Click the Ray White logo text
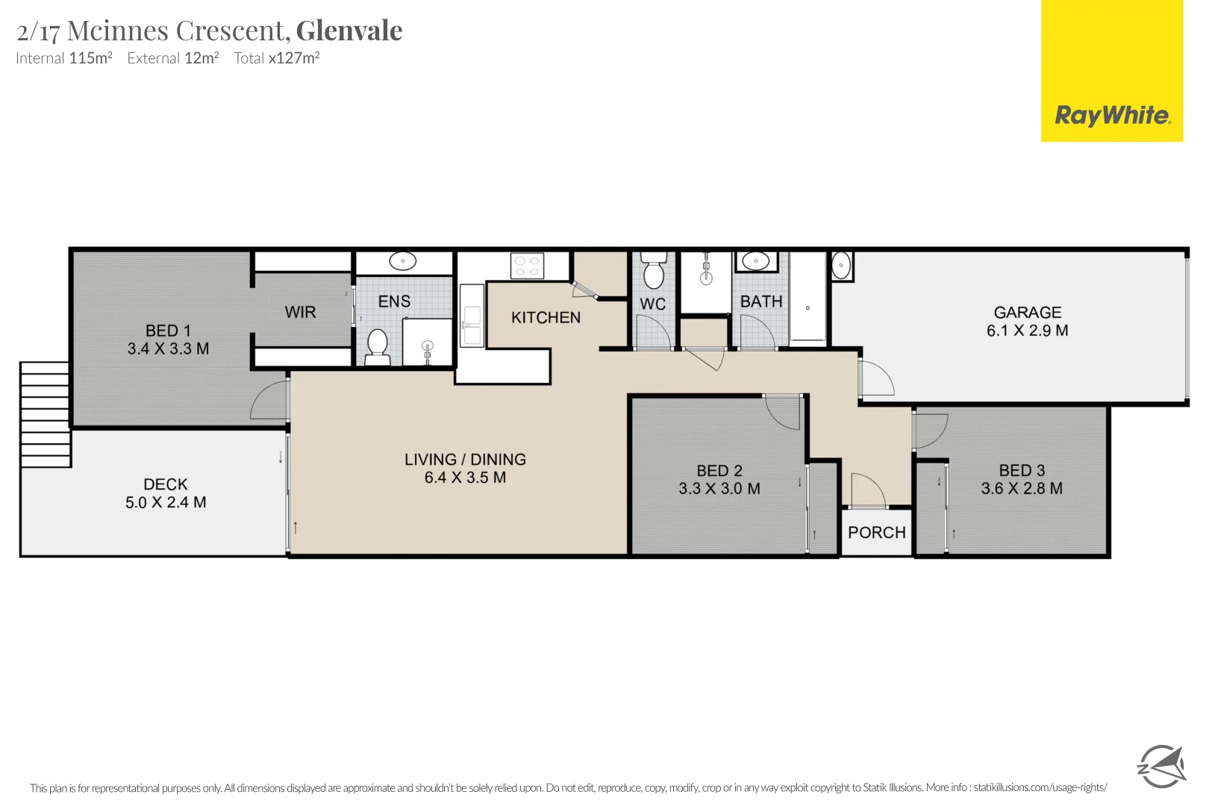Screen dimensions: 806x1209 click(1111, 116)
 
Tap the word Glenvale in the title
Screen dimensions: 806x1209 click(349, 31)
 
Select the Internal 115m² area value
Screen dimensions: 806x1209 click(90, 58)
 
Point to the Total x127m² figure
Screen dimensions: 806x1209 click(294, 58)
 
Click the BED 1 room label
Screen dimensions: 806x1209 click(168, 331)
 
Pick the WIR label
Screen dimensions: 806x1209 click(300, 313)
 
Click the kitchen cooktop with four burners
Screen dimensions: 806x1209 click(527, 266)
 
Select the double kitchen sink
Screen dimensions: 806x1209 click(472, 316)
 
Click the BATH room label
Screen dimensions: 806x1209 click(761, 302)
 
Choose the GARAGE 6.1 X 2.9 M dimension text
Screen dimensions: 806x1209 click(1027, 331)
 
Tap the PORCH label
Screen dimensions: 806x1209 click(876, 533)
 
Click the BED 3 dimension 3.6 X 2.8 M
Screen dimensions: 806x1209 click(1021, 489)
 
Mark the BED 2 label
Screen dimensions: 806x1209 click(719, 471)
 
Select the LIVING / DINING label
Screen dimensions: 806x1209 click(465, 460)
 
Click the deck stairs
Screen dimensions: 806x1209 click(46, 414)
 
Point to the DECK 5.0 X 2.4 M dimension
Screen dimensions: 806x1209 click(166, 503)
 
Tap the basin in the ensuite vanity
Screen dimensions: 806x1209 click(403, 262)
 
